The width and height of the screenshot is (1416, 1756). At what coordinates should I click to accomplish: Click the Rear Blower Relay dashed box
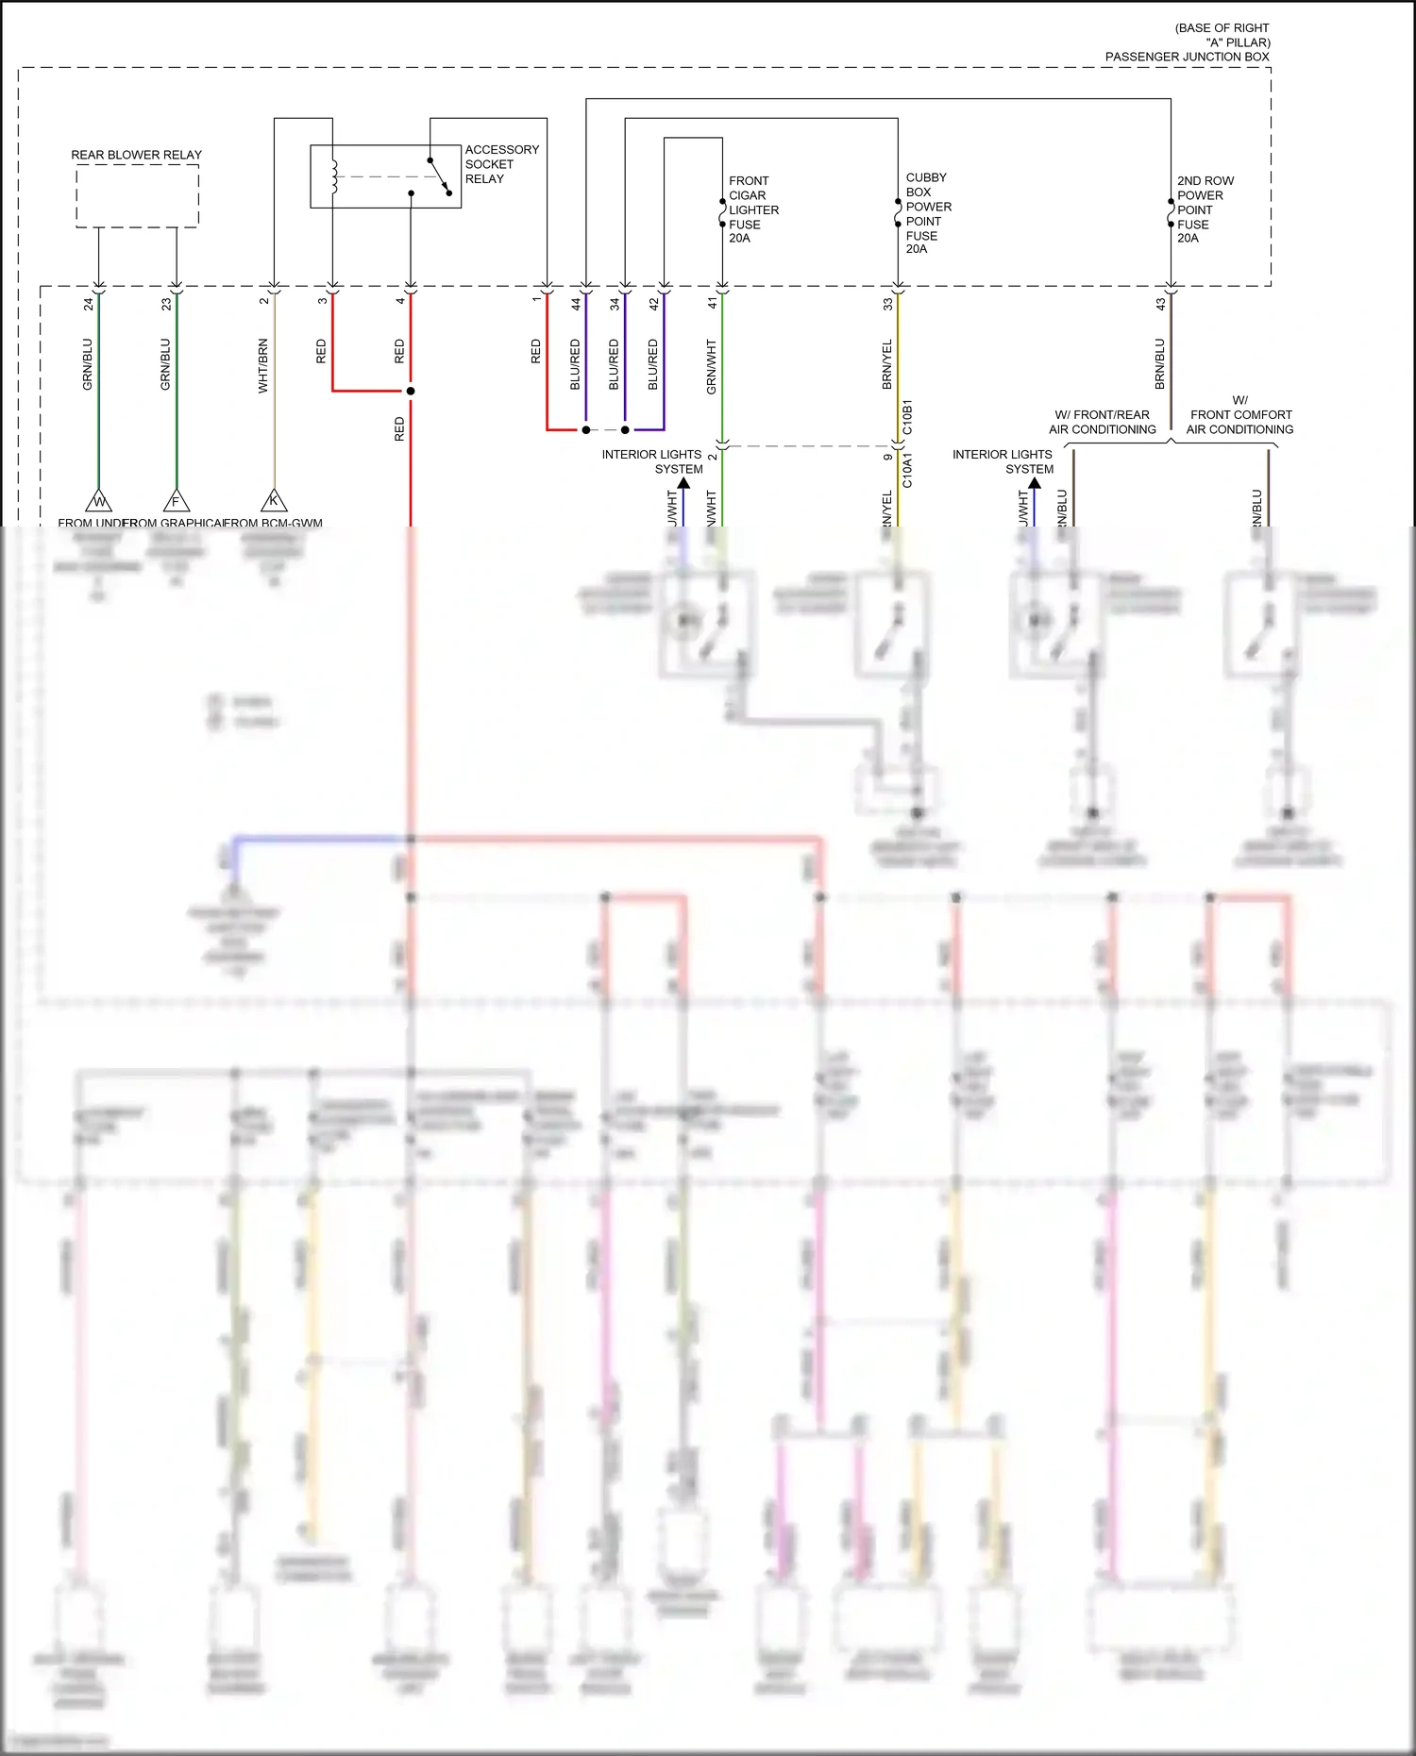click(x=137, y=195)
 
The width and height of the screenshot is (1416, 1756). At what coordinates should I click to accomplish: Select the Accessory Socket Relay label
click(x=501, y=164)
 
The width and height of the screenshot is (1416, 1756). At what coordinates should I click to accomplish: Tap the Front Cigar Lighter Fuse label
click(x=753, y=209)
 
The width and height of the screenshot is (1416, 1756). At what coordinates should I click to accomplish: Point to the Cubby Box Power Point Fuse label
click(x=928, y=213)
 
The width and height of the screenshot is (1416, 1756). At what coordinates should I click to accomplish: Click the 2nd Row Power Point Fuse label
click(x=1205, y=209)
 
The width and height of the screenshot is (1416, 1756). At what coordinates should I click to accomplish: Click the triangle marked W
click(x=98, y=501)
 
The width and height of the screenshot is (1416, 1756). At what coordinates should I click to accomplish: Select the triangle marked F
click(x=176, y=501)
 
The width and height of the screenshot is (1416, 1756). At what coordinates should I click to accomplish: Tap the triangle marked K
click(x=274, y=500)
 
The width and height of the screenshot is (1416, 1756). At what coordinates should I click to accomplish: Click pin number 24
click(x=89, y=304)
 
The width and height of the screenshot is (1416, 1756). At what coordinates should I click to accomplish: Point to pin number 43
click(x=1160, y=304)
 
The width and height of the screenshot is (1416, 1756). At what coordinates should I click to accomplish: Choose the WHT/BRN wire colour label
click(x=263, y=366)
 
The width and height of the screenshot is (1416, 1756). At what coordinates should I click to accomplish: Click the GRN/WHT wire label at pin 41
click(x=712, y=367)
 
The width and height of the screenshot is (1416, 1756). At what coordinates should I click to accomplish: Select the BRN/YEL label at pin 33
click(x=887, y=365)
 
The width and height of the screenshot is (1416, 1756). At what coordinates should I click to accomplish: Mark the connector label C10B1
click(x=907, y=417)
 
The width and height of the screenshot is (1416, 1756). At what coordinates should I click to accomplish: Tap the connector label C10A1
click(x=907, y=469)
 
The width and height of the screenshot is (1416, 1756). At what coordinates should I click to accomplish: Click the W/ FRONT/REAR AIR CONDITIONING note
click(x=1102, y=422)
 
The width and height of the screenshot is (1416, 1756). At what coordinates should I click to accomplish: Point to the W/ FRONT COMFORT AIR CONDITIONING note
click(x=1239, y=415)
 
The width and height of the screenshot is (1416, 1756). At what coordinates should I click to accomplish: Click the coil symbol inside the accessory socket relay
click(x=333, y=176)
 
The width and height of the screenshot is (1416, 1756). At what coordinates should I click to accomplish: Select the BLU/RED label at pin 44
click(x=575, y=365)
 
